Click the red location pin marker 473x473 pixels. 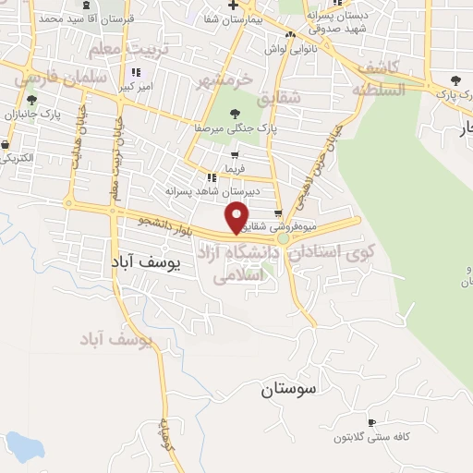tap(238, 216)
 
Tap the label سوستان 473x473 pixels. tap(287, 389)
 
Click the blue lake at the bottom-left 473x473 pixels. tap(20, 447)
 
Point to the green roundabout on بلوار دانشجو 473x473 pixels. tap(284, 238)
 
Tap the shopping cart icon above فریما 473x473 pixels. tap(235, 155)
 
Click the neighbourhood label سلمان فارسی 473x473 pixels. tap(51, 79)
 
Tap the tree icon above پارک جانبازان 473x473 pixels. tap(32, 100)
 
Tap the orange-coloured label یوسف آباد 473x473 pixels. tap(115, 341)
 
